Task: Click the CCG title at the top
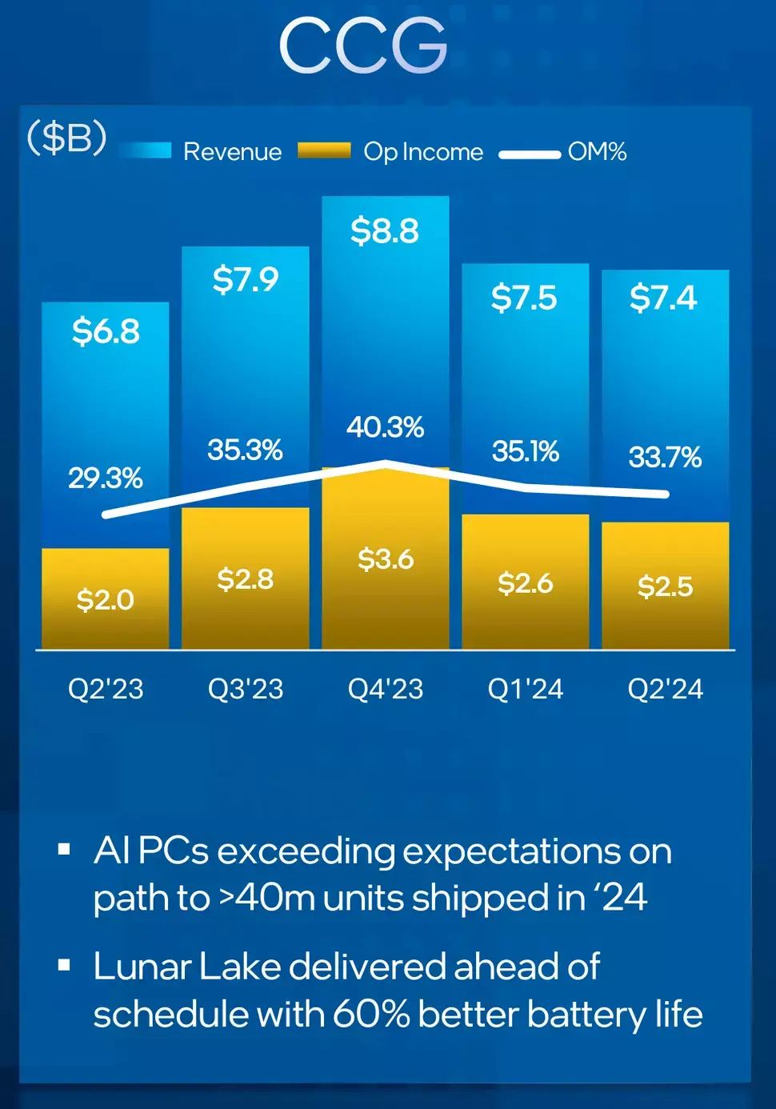(364, 46)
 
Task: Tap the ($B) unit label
(67, 137)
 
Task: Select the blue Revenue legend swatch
(145, 150)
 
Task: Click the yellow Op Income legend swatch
(324, 150)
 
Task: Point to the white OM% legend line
(530, 154)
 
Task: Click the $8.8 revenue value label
(385, 230)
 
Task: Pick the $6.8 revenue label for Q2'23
(106, 331)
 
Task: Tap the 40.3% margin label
(385, 426)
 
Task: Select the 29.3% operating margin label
(106, 478)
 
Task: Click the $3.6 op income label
(386, 559)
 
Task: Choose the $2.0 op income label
(106, 600)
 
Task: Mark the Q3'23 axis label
(246, 689)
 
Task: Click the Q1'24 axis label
(526, 689)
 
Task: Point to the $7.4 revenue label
(664, 298)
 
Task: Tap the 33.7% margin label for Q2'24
(665, 457)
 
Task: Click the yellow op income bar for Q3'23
(246, 578)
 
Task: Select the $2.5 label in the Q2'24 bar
(665, 587)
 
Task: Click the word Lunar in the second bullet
(142, 966)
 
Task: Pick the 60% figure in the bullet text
(371, 1014)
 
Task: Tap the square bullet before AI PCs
(64, 850)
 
